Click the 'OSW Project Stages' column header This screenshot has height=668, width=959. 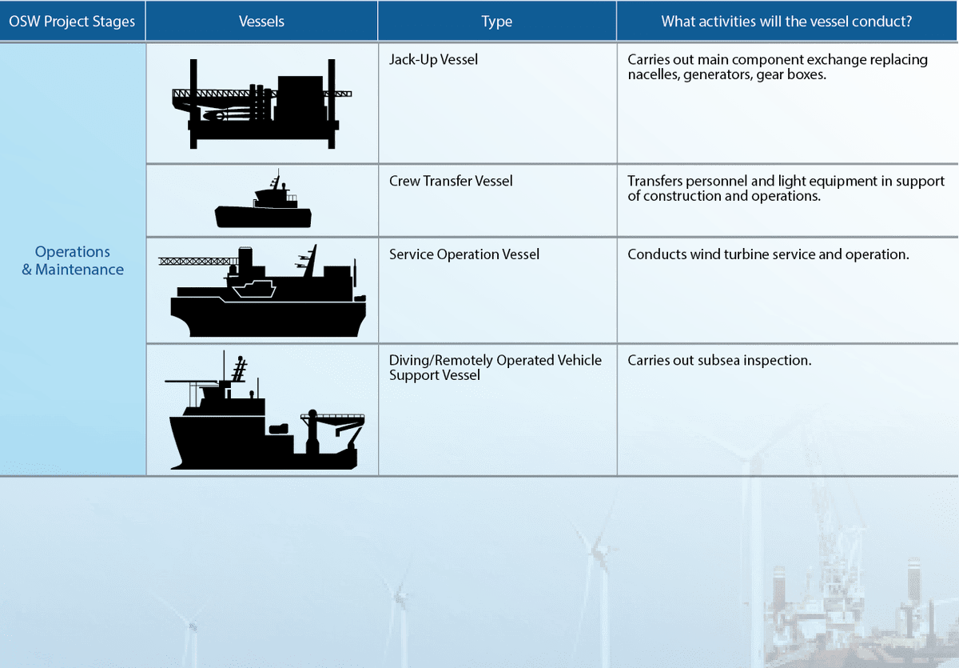pos(73,22)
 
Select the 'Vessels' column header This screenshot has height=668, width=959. pos(261,22)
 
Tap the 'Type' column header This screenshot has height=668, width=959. pos(496,22)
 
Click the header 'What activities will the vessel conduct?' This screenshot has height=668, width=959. pos(786,22)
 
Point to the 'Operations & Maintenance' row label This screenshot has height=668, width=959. pos(73,261)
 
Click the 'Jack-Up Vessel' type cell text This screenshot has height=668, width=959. pos(433,59)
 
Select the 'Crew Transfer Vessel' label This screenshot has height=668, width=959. pos(451,181)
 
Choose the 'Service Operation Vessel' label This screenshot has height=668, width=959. pos(464,254)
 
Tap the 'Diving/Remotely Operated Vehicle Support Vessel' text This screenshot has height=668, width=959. pos(495,367)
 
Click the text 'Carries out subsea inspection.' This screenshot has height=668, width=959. pos(719,361)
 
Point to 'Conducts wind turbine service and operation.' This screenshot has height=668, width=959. pos(768,254)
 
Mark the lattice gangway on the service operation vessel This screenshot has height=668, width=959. pos(196,261)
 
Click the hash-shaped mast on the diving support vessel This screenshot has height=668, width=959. pos(238,369)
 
